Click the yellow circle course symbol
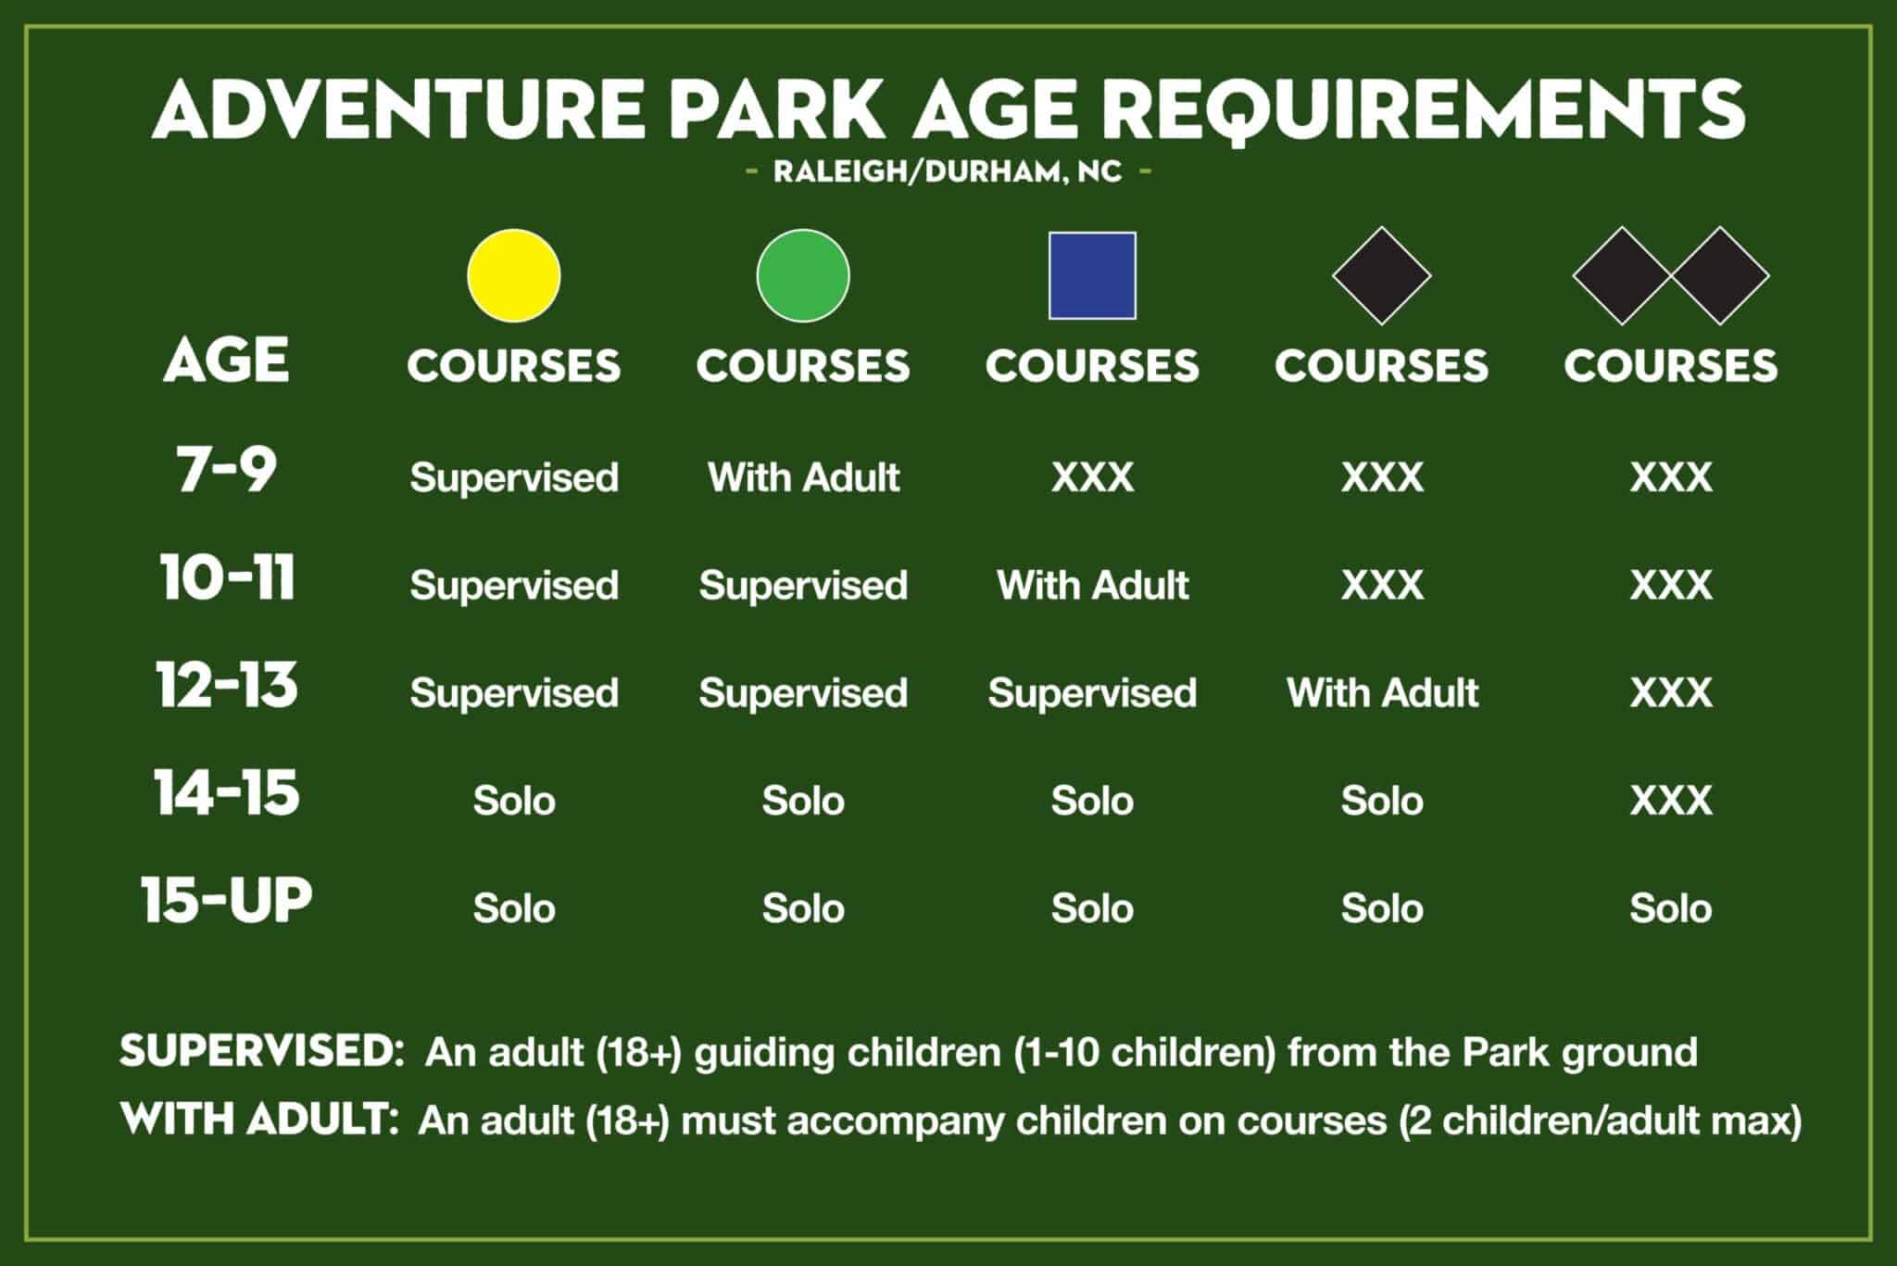point(513,275)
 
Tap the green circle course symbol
point(802,275)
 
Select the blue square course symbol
point(1092,275)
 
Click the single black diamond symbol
point(1381,275)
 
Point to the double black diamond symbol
point(1670,275)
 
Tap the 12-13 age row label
point(226,685)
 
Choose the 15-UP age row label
point(226,900)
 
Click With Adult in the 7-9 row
point(803,477)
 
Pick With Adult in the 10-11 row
point(1092,585)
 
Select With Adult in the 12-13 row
point(1382,692)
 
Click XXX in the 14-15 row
point(1670,800)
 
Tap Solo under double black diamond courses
point(1670,908)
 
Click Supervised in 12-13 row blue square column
point(1092,692)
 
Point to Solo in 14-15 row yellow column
point(513,800)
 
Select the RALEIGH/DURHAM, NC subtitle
point(948,171)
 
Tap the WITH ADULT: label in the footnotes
point(258,1120)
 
